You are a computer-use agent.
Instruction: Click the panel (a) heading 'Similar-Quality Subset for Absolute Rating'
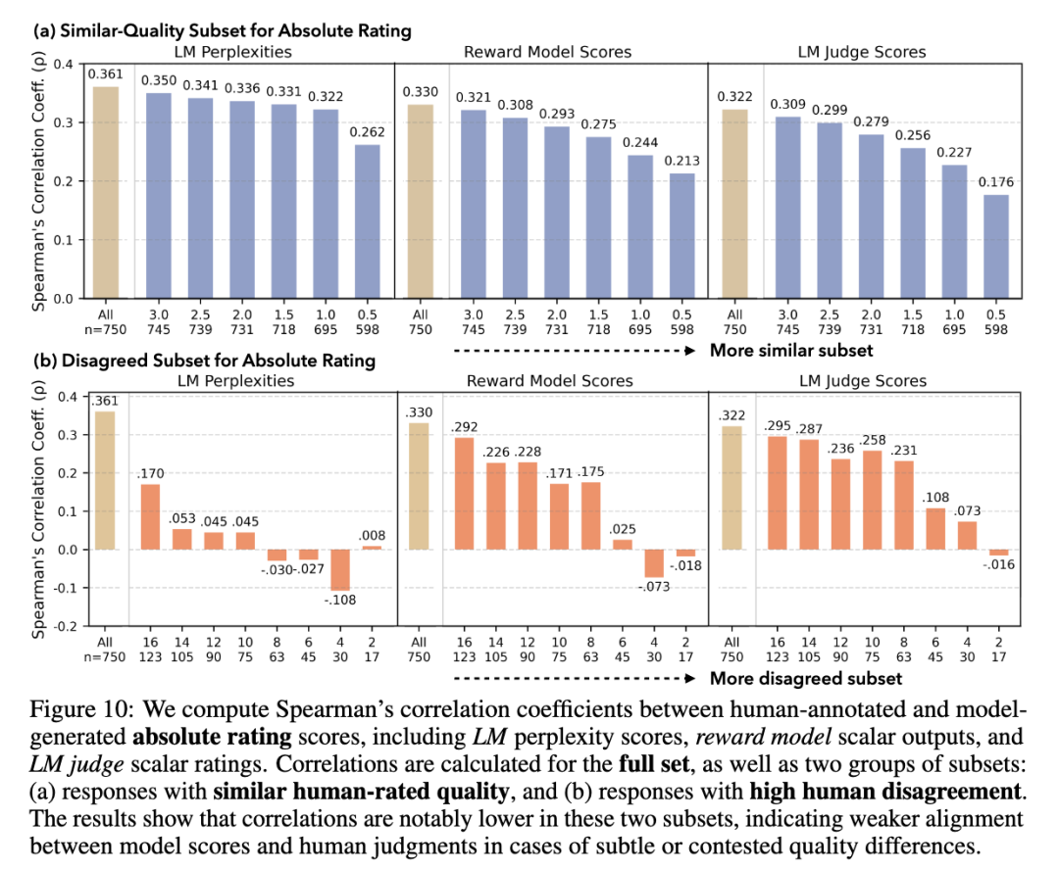(x=235, y=30)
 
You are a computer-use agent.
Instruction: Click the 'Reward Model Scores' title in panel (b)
(x=550, y=380)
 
